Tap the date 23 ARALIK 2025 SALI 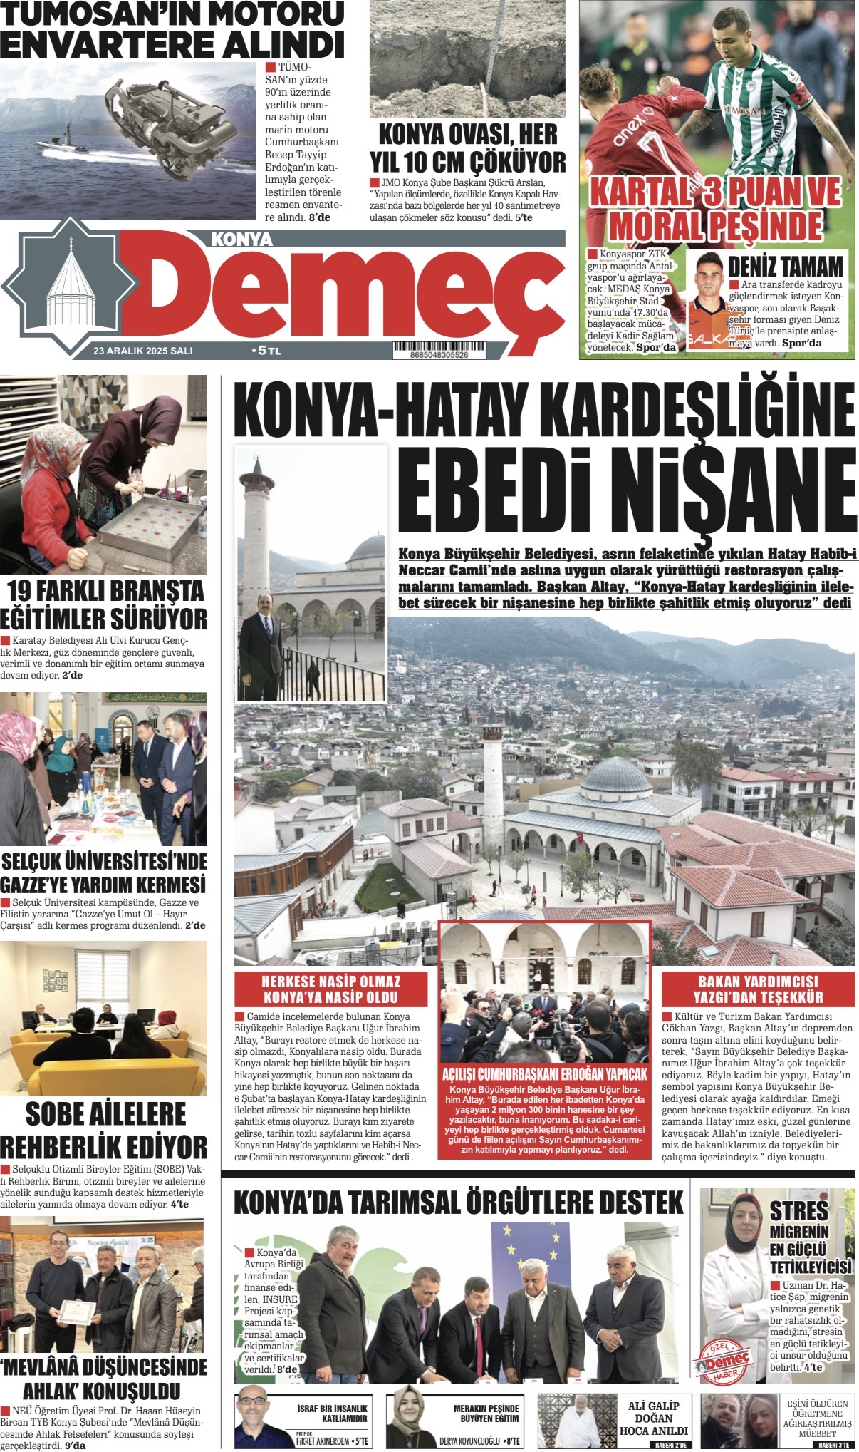click(x=142, y=351)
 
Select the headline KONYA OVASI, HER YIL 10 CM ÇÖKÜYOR click(x=468, y=148)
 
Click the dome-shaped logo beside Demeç click(x=72, y=286)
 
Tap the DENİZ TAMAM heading click(x=786, y=266)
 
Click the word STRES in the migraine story click(x=798, y=1210)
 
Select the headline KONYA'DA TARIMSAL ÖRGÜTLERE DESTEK click(x=458, y=1203)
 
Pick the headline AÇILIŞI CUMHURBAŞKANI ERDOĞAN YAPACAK click(x=545, y=1074)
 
